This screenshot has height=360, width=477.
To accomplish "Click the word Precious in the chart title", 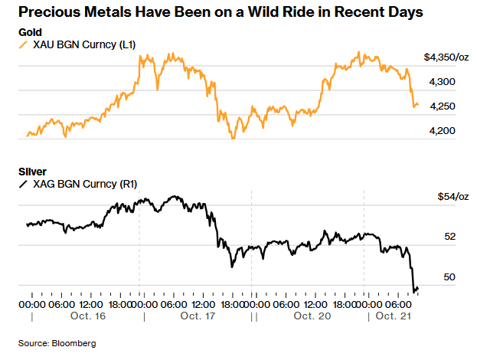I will click(48, 12).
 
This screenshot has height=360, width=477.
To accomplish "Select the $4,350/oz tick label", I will click(446, 57).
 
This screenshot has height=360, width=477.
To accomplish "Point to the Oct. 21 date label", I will click(394, 316).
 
